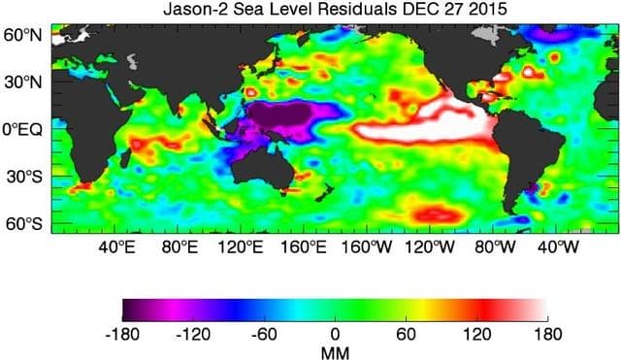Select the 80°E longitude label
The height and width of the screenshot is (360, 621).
[x=179, y=246]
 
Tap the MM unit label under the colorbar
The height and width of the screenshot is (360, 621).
[x=335, y=351]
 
